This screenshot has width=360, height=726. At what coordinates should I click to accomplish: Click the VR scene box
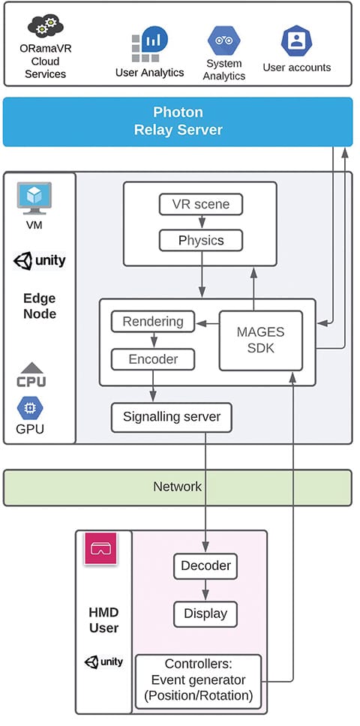(199, 203)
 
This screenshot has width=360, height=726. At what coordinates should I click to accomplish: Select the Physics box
(199, 241)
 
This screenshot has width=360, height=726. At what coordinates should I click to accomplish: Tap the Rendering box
(152, 322)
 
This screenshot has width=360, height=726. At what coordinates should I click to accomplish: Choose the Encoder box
(152, 359)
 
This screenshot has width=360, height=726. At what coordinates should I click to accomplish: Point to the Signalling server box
(171, 416)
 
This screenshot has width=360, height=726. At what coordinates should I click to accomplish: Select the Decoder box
(205, 565)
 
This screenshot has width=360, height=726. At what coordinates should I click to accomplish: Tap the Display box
(205, 613)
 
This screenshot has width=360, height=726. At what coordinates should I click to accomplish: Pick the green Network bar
(177, 487)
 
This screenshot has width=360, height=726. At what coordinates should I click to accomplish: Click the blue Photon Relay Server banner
(177, 121)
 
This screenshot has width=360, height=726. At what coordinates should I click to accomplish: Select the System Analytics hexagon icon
(223, 40)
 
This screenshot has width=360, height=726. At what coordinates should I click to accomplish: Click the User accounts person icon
(296, 40)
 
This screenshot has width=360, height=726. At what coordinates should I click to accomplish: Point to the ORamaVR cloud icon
(45, 28)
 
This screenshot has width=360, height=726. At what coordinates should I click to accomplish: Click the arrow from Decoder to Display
(205, 589)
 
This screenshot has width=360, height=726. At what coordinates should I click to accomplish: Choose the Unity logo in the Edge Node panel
(39, 261)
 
